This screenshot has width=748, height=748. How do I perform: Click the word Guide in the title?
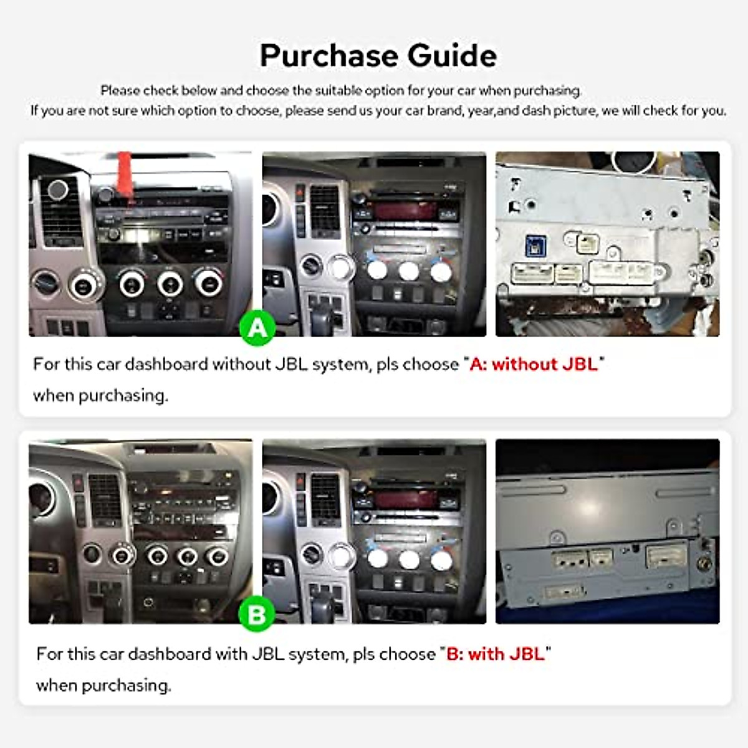[453, 56]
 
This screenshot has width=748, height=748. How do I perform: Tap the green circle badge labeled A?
[257, 327]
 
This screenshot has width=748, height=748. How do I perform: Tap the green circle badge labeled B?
[256, 614]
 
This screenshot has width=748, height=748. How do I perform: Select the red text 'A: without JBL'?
[534, 364]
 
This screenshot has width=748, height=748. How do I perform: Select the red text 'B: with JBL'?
[496, 654]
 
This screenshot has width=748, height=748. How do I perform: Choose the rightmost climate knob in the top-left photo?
[208, 283]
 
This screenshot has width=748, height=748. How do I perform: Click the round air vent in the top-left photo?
[57, 189]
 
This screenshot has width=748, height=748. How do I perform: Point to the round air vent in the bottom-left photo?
[41, 499]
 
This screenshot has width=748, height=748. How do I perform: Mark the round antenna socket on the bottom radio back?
[705, 565]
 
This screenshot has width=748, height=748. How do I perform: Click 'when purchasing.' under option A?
[100, 396]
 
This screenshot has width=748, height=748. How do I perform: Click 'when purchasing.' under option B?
[103, 686]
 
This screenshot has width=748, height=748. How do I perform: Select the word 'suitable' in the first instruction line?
[338, 91]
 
